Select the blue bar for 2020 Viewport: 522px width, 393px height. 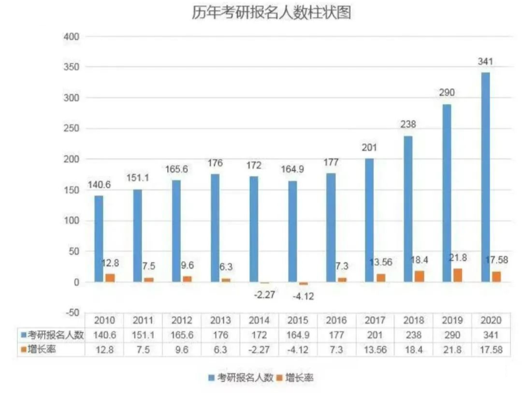tap(485, 177)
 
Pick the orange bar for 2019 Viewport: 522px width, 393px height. tap(458, 275)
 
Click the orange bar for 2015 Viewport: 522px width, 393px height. tap(303, 283)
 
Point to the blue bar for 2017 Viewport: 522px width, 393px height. tap(369, 220)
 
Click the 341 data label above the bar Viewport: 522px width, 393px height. tap(485, 62)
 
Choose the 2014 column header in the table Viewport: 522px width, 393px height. tap(259, 320)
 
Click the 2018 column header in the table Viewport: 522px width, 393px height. tap(414, 320)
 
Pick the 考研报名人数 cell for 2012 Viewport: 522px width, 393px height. tap(182, 335)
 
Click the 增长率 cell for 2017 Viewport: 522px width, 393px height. tap(375, 349)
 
